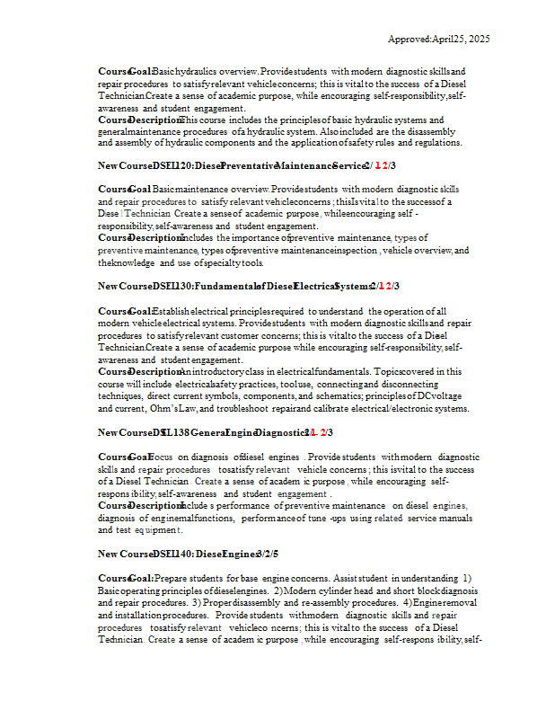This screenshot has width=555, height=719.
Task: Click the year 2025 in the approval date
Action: click(x=480, y=39)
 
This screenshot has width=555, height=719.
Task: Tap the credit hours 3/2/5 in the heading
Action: click(x=267, y=553)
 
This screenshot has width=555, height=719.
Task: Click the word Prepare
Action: click(x=172, y=577)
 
